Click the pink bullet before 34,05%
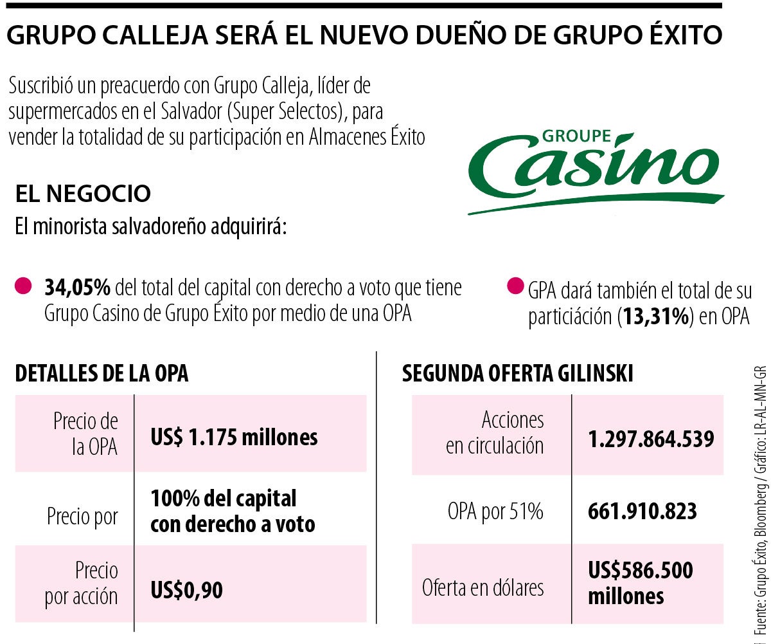23,286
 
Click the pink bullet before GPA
515,287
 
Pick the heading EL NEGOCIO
83,193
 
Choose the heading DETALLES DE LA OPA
102,374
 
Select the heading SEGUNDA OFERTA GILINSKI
517,374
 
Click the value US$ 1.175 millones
234,437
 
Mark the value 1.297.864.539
651,439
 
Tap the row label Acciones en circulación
495,432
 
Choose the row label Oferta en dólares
483,587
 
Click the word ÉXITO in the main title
682,35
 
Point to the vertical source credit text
761,502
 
